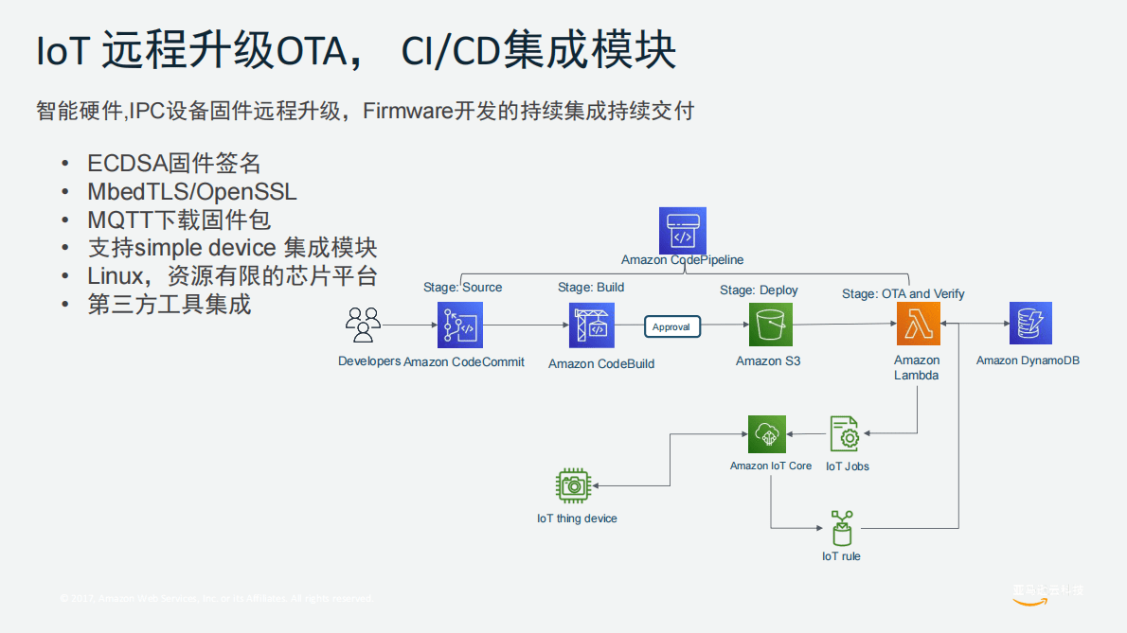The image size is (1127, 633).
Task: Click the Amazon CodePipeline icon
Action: [x=682, y=230]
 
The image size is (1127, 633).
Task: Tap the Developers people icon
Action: [x=364, y=325]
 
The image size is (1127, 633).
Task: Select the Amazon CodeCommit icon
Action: [x=460, y=325]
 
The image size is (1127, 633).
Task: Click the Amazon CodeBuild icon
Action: [x=591, y=325]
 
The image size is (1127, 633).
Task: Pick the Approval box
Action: [x=672, y=326]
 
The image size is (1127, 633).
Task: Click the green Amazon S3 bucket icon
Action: [x=770, y=325]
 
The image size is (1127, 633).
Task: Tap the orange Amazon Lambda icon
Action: [x=918, y=325]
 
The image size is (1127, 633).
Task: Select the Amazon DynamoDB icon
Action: [x=1029, y=325]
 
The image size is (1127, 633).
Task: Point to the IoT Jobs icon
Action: [x=845, y=434]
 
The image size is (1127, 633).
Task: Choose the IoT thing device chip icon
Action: [x=572, y=485]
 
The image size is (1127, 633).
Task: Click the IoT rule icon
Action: [x=841, y=527]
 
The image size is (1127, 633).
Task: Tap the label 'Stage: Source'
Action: [x=462, y=287]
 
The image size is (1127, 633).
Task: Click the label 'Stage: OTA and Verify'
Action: [x=903, y=293]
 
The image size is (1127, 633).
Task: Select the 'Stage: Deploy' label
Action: [x=759, y=290]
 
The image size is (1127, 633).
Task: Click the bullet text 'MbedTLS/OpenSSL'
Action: [x=191, y=192]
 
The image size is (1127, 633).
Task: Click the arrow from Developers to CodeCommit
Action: [x=409, y=325]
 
